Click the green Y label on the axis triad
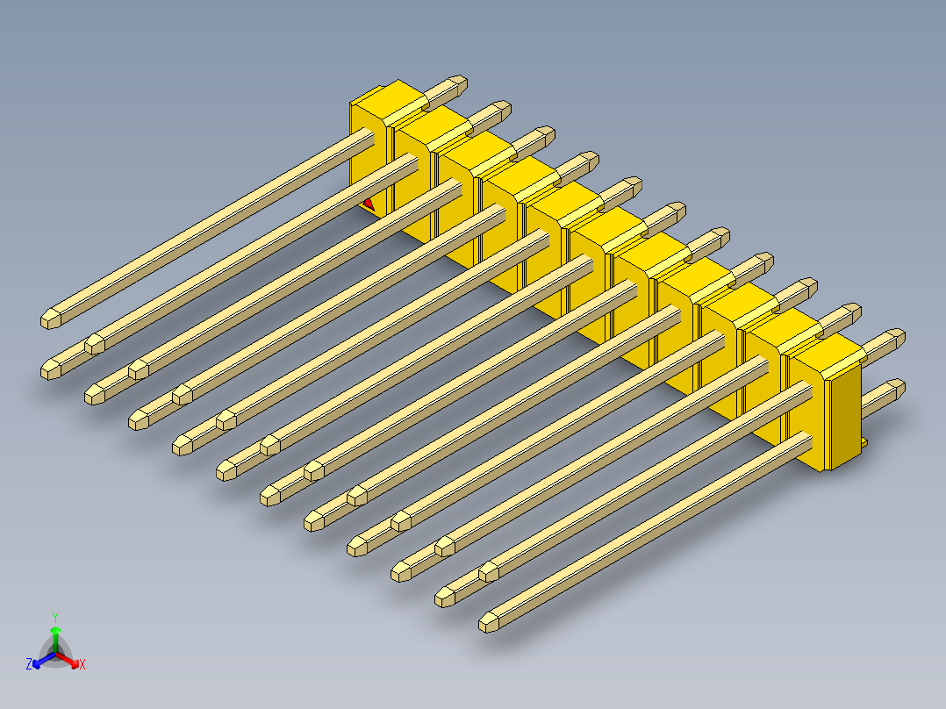click(x=54, y=616)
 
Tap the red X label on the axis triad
click(x=82, y=665)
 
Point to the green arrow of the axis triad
click(x=54, y=634)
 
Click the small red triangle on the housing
click(x=369, y=204)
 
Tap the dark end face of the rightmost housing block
click(x=847, y=412)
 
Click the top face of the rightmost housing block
click(x=829, y=354)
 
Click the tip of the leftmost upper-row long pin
click(x=52, y=318)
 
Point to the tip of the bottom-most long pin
click(x=489, y=623)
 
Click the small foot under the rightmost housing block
click(x=864, y=445)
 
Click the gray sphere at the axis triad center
click(x=55, y=655)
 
